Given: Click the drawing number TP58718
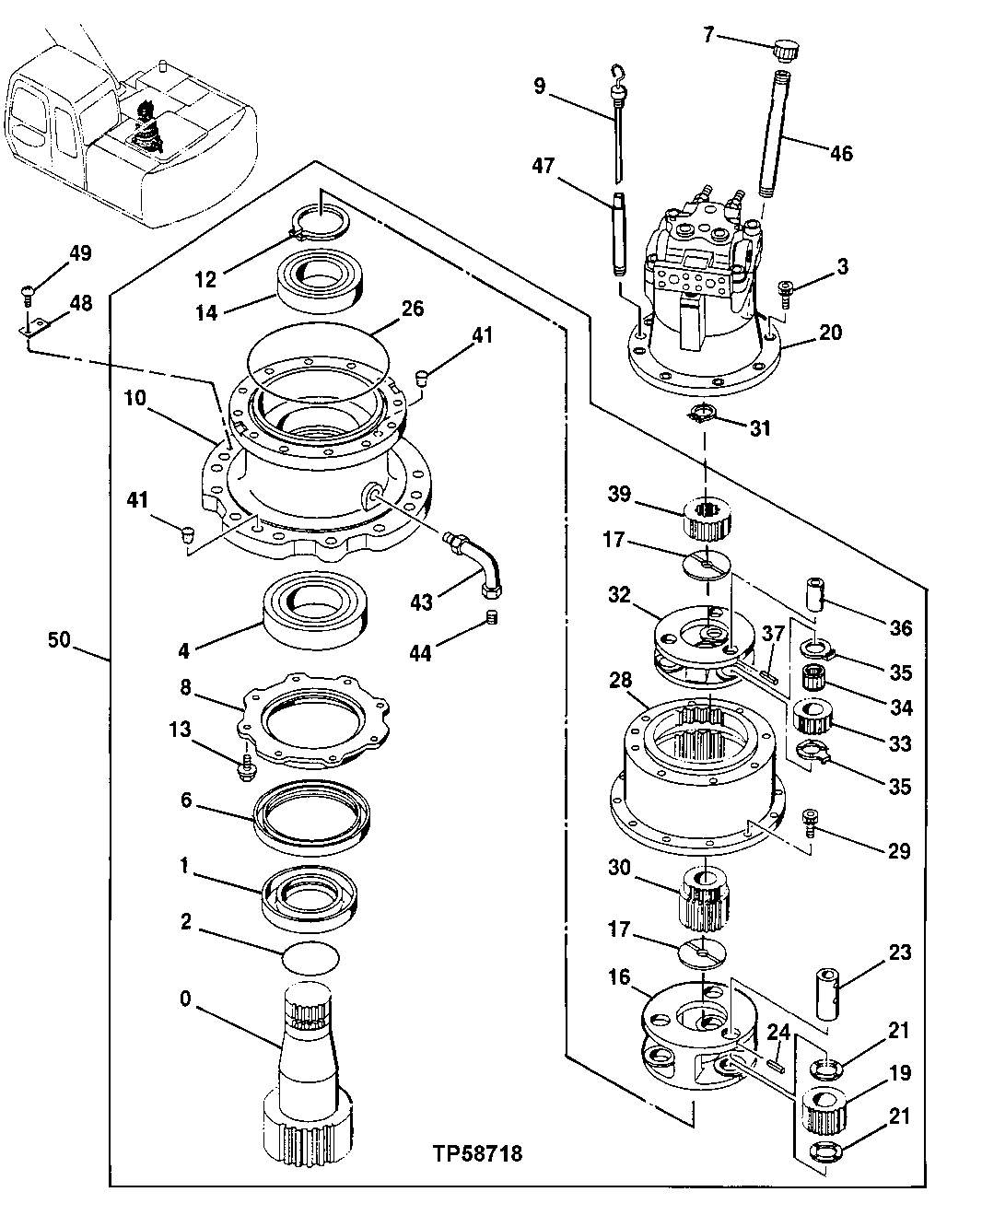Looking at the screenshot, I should click(x=476, y=1152).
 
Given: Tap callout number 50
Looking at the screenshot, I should click(x=58, y=639).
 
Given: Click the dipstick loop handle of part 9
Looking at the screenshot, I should click(x=618, y=73).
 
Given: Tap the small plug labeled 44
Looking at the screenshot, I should click(x=491, y=617).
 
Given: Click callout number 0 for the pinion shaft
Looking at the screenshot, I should click(x=186, y=999).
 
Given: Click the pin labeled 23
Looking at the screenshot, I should click(x=826, y=991).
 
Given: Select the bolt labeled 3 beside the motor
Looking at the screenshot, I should click(x=785, y=293).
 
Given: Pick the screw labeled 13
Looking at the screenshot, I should click(x=246, y=767).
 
